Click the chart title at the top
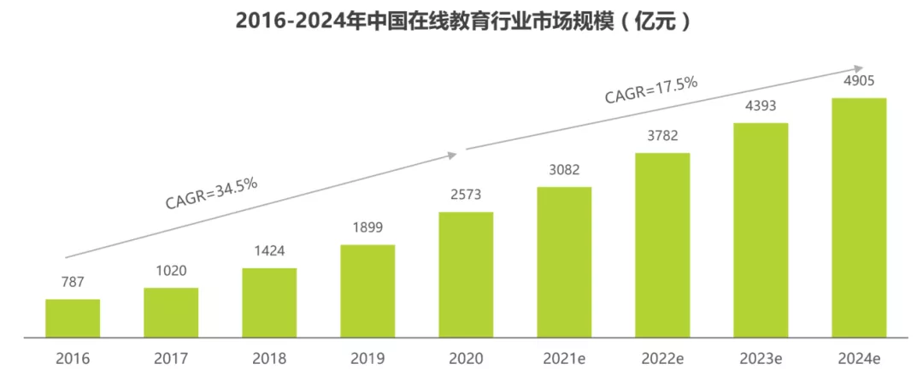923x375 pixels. click(462, 21)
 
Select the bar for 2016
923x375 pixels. click(73, 318)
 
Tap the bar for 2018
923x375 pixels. click(269, 302)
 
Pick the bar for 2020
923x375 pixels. click(466, 274)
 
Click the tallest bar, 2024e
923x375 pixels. click(859, 217)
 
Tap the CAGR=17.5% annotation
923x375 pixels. click(651, 90)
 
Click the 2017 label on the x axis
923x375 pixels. click(171, 358)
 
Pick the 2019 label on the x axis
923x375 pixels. click(367, 358)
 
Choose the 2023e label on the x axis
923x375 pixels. click(761, 358)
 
